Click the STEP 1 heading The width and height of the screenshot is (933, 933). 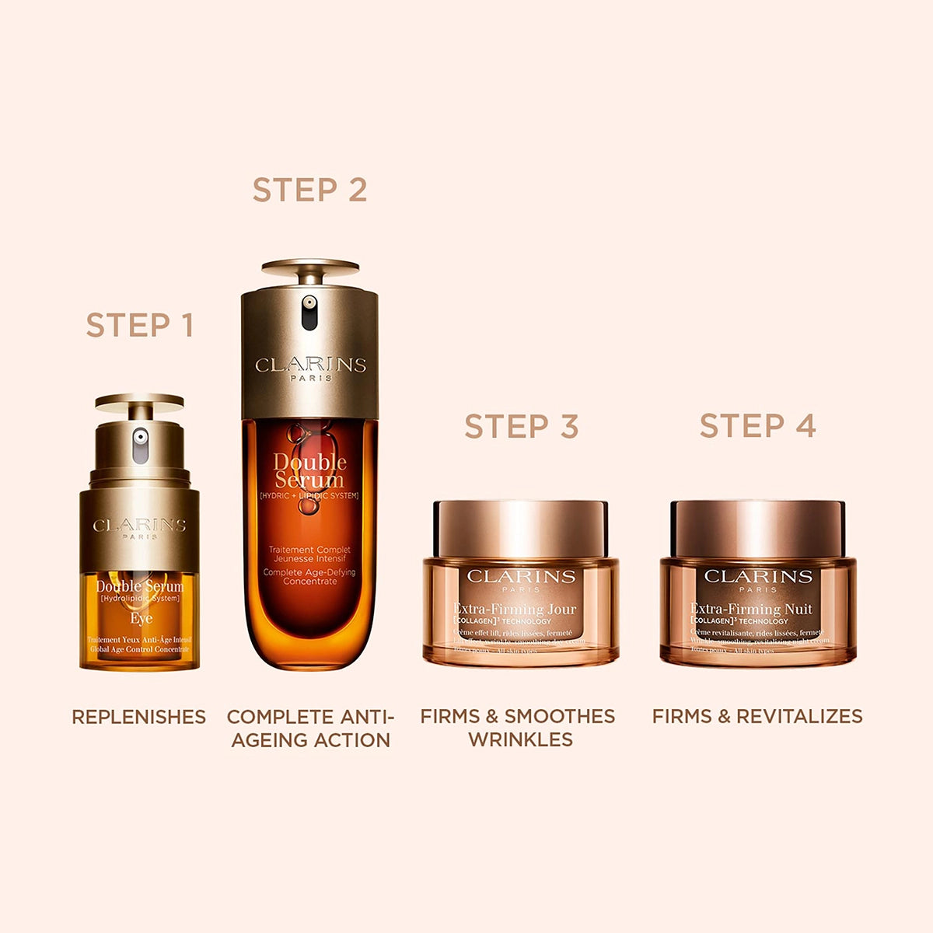pos(139,325)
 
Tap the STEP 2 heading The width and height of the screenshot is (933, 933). pos(309,190)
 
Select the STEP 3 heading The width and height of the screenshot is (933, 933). pos(521,426)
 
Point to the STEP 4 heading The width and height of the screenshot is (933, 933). pos(757,425)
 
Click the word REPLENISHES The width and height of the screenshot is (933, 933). pos(138,717)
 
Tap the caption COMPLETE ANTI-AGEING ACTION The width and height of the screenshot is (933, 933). pos(310,728)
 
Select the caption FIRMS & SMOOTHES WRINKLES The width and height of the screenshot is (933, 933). pos(518,728)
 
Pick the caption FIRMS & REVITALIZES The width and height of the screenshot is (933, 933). pos(757,716)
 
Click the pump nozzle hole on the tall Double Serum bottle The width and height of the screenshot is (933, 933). pos(309,303)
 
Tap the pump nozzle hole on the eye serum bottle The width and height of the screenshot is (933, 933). pos(140,438)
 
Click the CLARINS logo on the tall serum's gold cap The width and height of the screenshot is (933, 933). pos(310,365)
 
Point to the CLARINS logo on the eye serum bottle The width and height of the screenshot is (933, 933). pos(139,526)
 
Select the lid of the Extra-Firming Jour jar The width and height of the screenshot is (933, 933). pos(520,529)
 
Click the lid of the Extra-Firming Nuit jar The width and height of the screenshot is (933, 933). pos(757,529)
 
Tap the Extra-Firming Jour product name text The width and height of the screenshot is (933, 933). pos(514,609)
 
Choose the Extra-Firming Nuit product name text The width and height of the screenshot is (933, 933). pos(751,609)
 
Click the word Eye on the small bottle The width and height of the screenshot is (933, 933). pos(141,619)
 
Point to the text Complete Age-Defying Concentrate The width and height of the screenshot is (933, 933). pos(309,577)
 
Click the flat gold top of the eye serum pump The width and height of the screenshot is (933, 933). pos(140,401)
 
